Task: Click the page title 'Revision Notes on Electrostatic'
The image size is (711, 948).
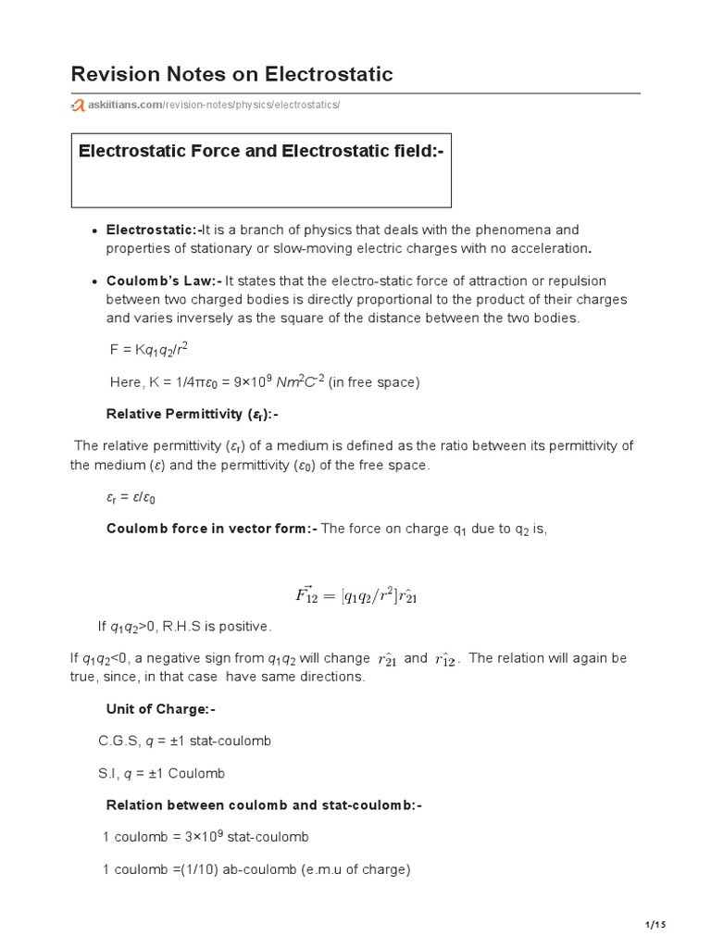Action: [231, 74]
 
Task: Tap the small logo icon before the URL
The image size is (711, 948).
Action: [74, 106]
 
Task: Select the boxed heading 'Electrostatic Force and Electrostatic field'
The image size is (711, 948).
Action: [261, 151]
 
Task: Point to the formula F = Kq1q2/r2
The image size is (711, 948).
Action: [149, 349]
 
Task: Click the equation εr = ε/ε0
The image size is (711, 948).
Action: [131, 497]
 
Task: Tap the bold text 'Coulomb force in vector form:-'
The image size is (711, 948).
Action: [212, 529]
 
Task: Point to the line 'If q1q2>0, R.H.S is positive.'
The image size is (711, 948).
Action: [184, 628]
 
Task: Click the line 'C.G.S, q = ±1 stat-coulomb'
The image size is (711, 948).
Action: [183, 742]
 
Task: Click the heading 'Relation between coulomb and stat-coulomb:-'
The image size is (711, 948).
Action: [264, 805]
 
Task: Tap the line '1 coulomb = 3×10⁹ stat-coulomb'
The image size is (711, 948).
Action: [206, 837]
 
